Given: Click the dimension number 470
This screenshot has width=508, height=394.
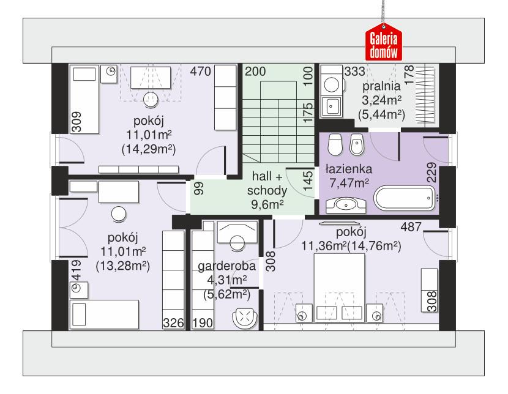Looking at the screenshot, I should click(200, 72).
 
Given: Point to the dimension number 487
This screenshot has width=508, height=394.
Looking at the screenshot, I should click(411, 227).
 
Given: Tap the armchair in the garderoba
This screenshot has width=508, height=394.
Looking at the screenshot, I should click(245, 319).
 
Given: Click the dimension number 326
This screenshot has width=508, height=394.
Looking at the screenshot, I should click(173, 323).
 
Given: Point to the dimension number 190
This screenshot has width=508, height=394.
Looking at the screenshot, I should click(203, 323).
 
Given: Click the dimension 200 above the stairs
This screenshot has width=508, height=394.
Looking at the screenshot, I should click(256, 72).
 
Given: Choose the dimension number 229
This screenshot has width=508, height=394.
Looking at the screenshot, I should click(431, 173).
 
